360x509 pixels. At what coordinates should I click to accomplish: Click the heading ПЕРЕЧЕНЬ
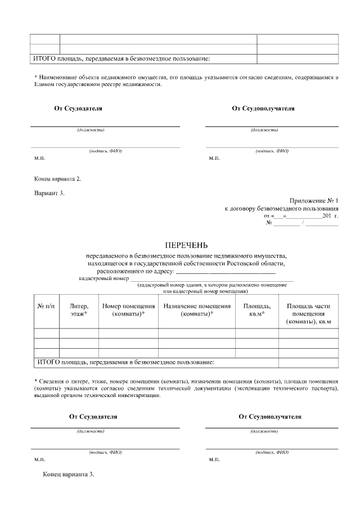pos(186,245)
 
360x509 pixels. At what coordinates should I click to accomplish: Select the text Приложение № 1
pos(314,201)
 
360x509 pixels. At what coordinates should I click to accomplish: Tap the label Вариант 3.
pos(49,193)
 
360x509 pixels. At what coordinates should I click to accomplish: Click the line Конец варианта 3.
pos(69,474)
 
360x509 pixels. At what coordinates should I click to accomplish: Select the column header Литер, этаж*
pos(79,310)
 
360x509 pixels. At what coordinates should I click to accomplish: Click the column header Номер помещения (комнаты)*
pos(128,310)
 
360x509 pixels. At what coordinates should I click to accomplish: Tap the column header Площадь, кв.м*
pos(256,310)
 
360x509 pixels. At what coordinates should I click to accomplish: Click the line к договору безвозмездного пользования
pos(282,209)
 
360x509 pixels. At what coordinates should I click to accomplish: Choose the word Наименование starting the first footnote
pos(59,77)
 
